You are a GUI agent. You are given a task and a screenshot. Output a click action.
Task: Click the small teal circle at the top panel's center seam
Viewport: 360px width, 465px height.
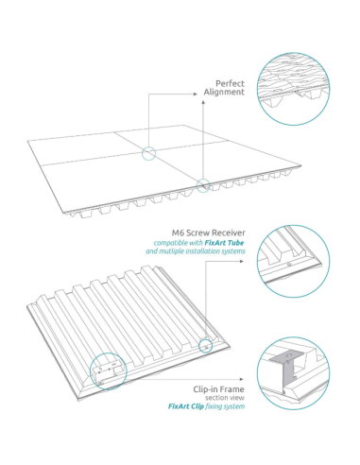click(149, 153)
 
